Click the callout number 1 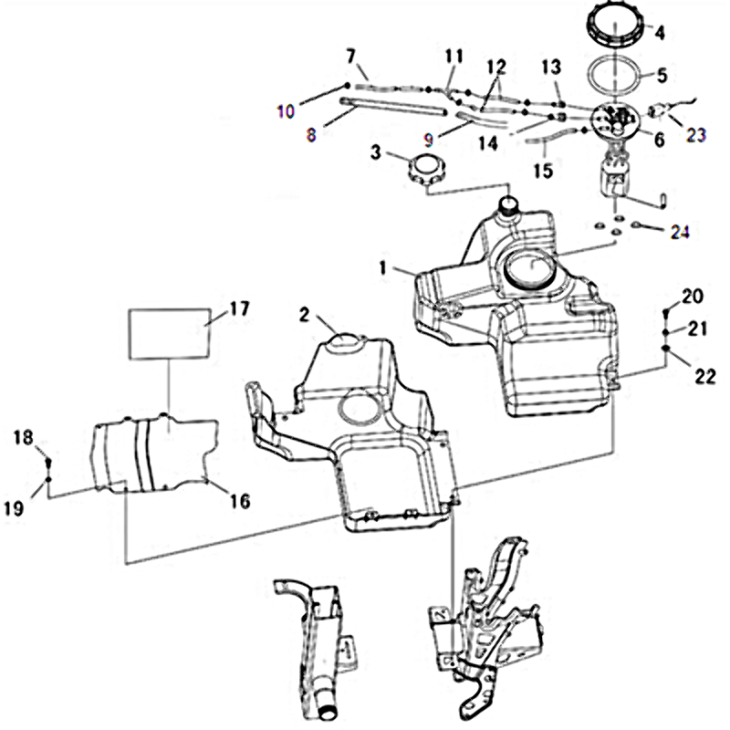(386, 268)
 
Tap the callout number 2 (305, 315)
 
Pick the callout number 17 (238, 309)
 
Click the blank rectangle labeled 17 (170, 332)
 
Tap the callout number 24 (676, 233)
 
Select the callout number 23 (696, 133)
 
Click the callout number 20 (693, 295)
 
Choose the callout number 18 (23, 438)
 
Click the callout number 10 (286, 111)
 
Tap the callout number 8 (311, 134)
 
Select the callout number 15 (543, 171)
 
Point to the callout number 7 (350, 57)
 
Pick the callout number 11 (454, 56)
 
